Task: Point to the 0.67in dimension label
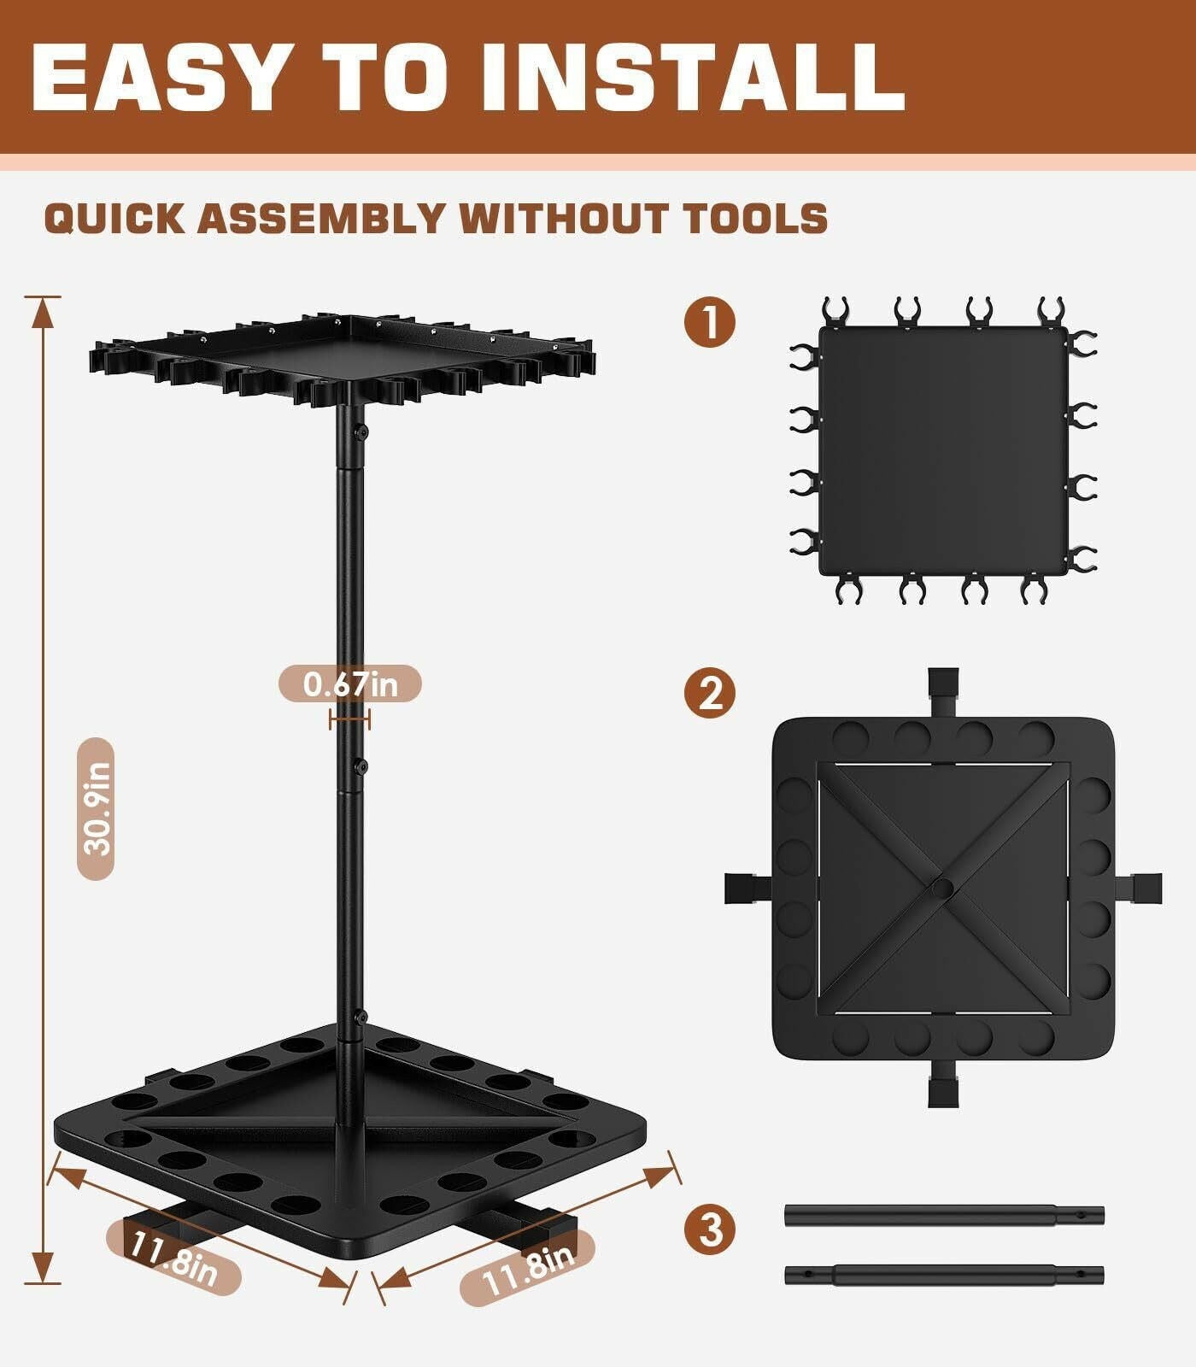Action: pos(350,683)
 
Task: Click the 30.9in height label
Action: pos(95,808)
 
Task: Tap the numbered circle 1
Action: pos(709,322)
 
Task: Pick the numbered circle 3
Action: pos(709,1230)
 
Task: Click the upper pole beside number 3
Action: pos(944,1215)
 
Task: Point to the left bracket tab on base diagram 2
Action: pos(743,888)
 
